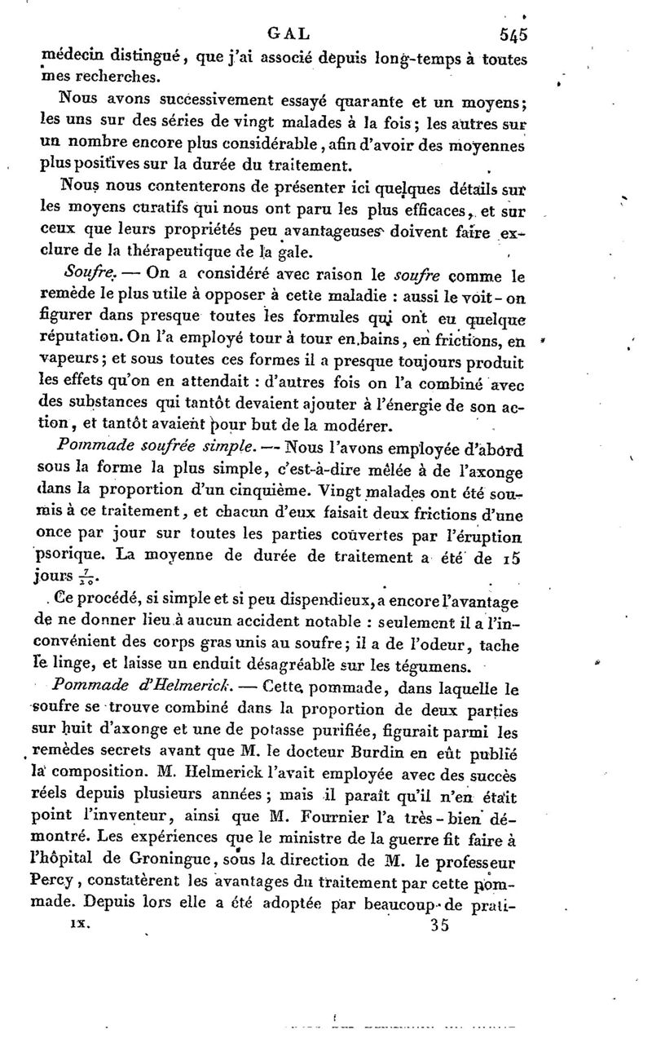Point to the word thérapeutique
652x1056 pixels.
point(145,251)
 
